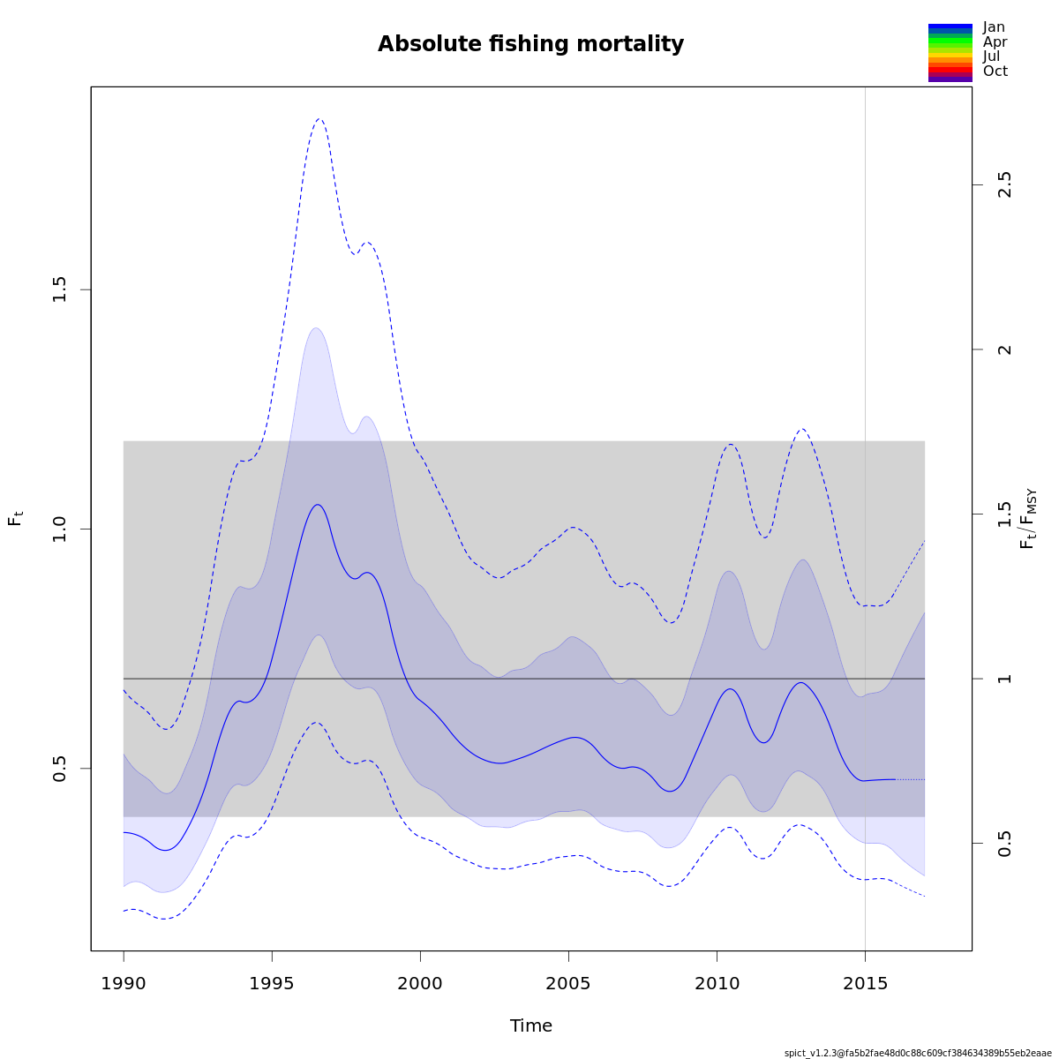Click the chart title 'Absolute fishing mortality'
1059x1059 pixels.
(530, 44)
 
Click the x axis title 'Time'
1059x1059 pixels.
(531, 1025)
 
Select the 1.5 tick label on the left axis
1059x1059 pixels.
(60, 289)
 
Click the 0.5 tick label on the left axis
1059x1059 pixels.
(60, 768)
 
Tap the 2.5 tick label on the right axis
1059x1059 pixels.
(1004, 184)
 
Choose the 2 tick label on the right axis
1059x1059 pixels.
(1004, 349)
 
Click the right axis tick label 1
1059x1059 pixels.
(1004, 679)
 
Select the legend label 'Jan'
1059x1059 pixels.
(994, 27)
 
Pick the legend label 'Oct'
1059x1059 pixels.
(995, 71)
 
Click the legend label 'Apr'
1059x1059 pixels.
(995, 42)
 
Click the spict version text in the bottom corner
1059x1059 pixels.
(918, 1053)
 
